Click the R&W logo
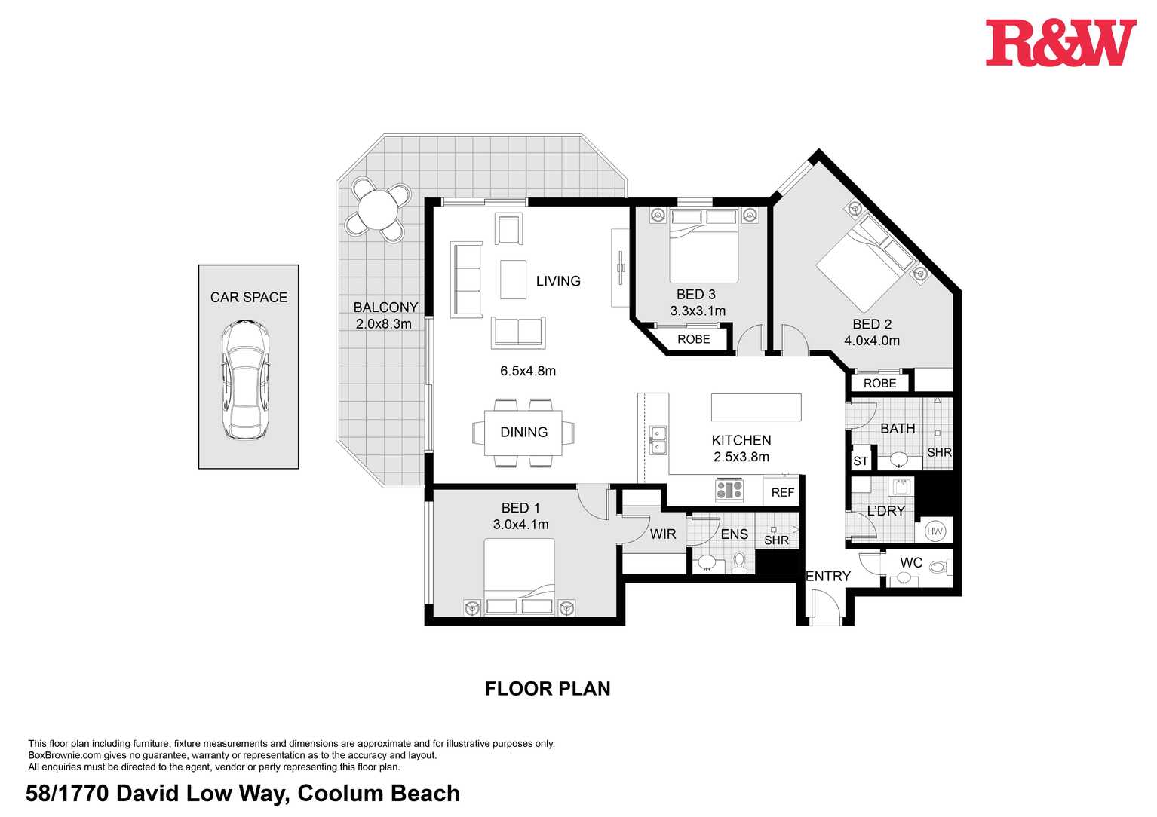pos(1060,43)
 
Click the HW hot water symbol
pos(935,531)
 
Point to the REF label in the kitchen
pos(782,492)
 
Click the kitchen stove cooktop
pos(729,490)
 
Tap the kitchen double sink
pos(658,439)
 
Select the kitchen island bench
pos(756,407)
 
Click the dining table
pos(523,433)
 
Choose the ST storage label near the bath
pos(861,461)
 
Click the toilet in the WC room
pos(938,567)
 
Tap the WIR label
pos(663,534)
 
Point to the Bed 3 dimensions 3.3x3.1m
pos(698,311)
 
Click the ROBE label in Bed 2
pos(879,383)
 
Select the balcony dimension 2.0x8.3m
pos(384,324)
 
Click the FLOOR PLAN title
pos(548,688)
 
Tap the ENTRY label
pos(828,576)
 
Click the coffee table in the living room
pos(513,280)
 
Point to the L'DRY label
pos(885,510)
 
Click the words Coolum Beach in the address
pos(379,793)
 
